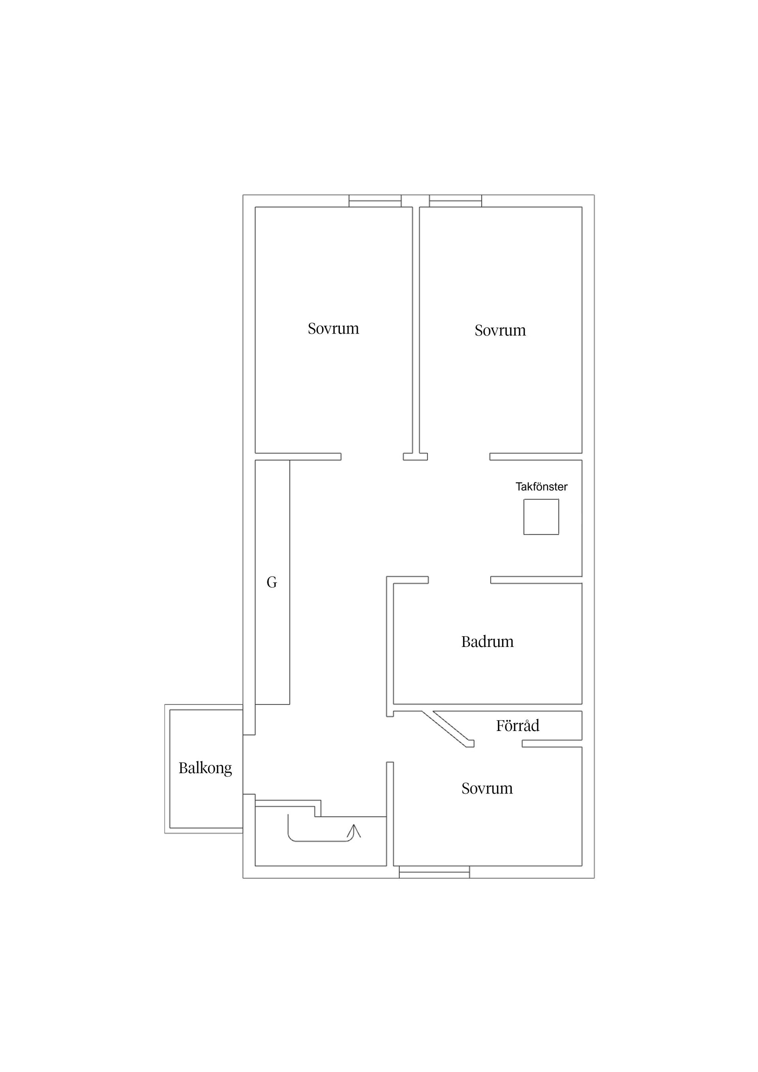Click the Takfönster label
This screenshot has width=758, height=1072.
(541, 487)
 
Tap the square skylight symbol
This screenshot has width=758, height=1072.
(541, 517)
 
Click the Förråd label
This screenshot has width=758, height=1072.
(518, 725)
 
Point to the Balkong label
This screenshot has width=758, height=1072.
(205, 768)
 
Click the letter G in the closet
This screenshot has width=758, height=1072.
(272, 582)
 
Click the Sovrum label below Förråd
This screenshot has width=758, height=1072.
(487, 788)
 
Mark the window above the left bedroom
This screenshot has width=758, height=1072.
(375, 201)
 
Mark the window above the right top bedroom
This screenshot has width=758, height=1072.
(455, 201)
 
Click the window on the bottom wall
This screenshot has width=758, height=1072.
(434, 872)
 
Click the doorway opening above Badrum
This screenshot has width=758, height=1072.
(460, 580)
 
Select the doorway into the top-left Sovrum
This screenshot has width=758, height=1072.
(372, 457)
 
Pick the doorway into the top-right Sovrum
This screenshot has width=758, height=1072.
(459, 457)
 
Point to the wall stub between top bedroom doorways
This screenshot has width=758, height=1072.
(416, 457)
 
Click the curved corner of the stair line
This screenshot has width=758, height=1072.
(291, 838)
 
